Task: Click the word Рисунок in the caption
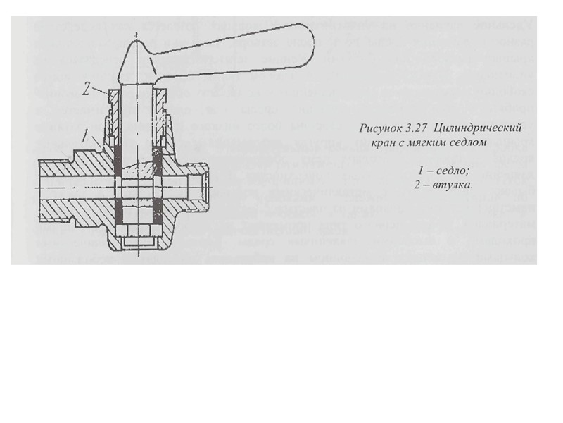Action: click(x=379, y=129)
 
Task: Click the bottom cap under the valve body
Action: click(x=141, y=244)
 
